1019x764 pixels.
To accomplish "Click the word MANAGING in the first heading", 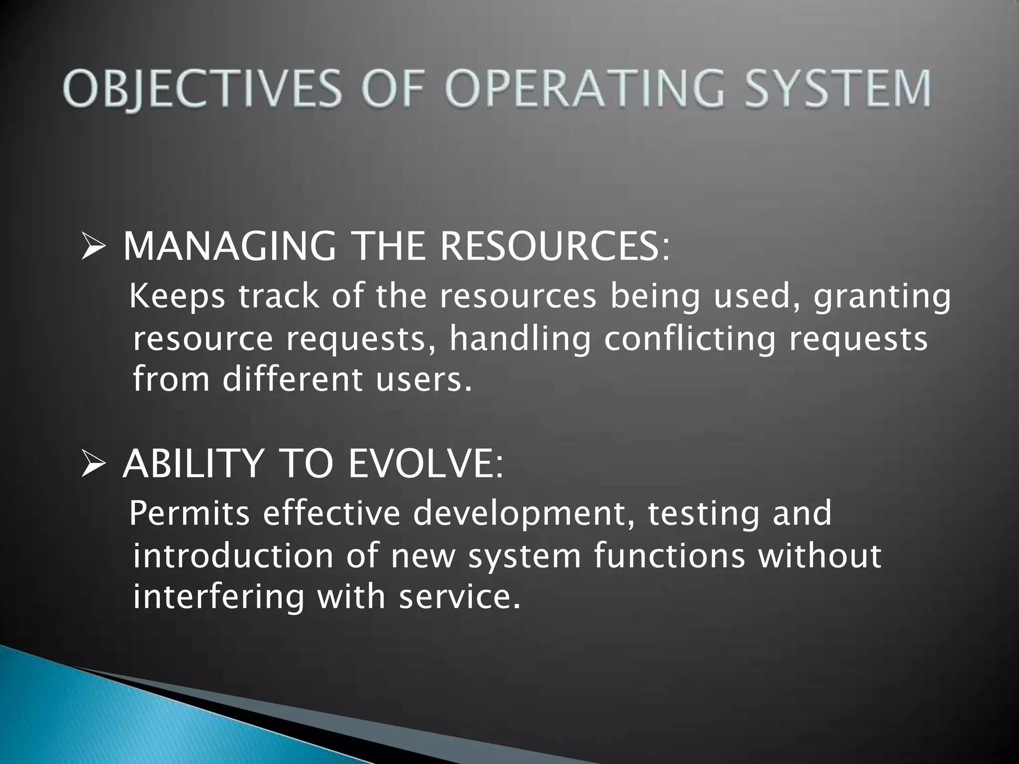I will click(x=229, y=247).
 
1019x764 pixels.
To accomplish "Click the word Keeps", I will click(x=177, y=297).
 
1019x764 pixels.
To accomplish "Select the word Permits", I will click(x=190, y=513).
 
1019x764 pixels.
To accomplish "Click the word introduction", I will click(x=233, y=556).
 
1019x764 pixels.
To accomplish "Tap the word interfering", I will click(x=218, y=597).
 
